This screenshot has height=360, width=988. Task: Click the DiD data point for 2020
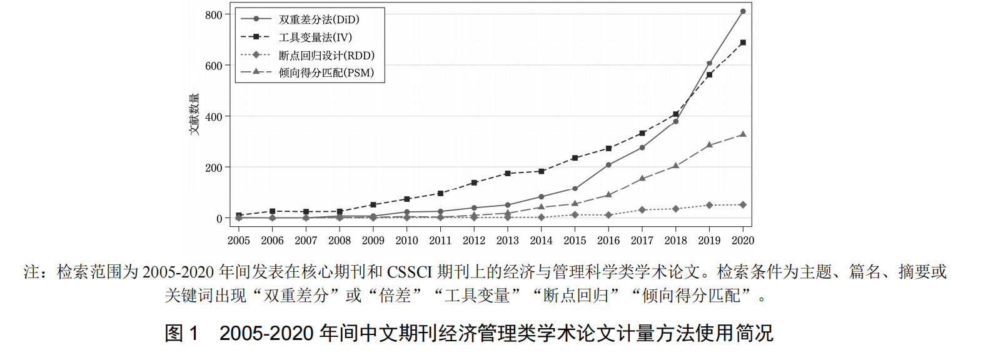tap(743, 11)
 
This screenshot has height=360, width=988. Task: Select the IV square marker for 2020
tap(743, 42)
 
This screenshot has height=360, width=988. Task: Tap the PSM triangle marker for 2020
tap(743, 134)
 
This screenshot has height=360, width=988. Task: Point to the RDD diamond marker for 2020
tap(743, 205)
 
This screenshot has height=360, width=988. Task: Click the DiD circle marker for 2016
tap(608, 165)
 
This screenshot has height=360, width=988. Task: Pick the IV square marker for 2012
tap(474, 182)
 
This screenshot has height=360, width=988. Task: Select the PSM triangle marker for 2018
tap(676, 166)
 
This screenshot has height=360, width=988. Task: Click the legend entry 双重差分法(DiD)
tap(319, 19)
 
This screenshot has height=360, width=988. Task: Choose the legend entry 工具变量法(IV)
tap(315, 37)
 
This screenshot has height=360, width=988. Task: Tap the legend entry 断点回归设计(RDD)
tap(326, 55)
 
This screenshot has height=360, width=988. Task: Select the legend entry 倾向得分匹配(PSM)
tap(326, 72)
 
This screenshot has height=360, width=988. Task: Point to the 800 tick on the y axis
tap(213, 14)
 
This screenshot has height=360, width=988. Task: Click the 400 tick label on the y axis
tap(213, 117)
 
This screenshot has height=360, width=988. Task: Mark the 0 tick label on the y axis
tap(219, 219)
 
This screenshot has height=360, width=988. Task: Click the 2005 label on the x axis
tap(238, 241)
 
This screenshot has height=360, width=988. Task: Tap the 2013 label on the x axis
tap(507, 241)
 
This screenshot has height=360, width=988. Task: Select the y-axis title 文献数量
tap(194, 114)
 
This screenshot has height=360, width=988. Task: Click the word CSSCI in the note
tap(409, 272)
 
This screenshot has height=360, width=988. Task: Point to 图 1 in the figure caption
tap(181, 333)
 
